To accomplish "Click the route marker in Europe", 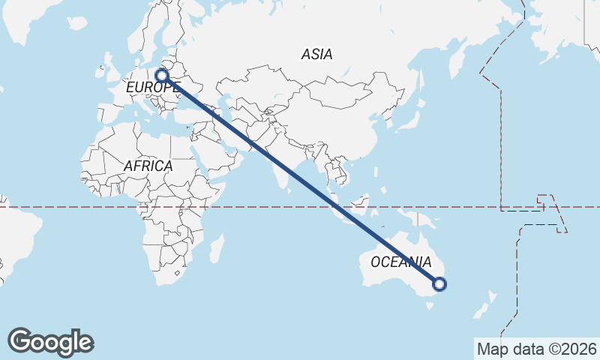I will (161, 75).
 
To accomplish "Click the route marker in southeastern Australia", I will (440, 283).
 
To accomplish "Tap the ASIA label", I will (316, 55).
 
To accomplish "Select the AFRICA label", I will (148, 166).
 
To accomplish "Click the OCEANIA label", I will (401, 262).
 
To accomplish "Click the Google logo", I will (50, 342).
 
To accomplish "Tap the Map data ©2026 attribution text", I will (536, 349).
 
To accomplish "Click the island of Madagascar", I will (217, 247).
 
